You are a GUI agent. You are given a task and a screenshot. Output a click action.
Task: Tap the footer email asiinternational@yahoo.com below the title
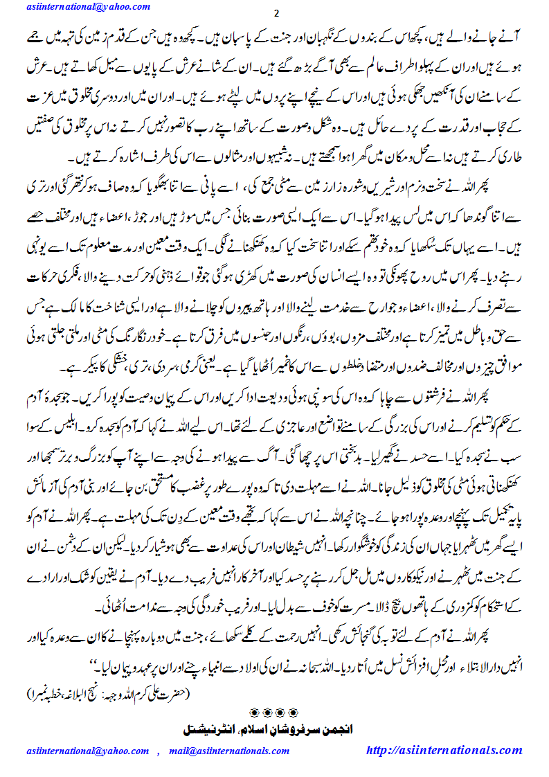[x=88, y=750]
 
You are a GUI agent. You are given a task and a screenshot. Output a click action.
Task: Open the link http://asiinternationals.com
[x=444, y=750]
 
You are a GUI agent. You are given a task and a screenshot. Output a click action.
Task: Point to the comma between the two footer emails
[x=159, y=751]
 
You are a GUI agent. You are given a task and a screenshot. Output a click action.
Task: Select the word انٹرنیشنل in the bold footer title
[x=211, y=729]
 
